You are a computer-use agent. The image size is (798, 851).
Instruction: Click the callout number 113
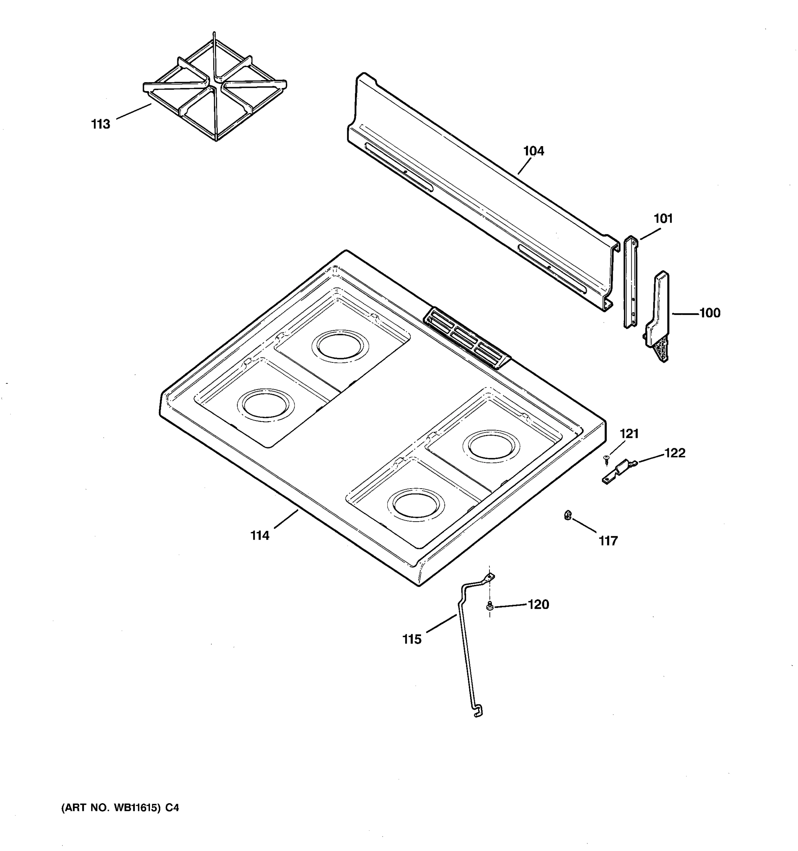pos(101,124)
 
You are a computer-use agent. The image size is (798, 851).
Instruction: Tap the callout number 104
pos(533,151)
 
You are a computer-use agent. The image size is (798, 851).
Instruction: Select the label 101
pos(663,219)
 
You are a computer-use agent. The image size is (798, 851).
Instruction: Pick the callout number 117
pos(608,541)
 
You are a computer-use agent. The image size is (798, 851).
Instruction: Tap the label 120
pos(538,605)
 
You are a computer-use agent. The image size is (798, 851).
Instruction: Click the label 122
pos(675,453)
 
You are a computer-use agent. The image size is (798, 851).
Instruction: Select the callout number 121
pos(629,434)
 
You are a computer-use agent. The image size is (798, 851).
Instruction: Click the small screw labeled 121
pos(606,459)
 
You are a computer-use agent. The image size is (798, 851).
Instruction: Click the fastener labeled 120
pos(489,606)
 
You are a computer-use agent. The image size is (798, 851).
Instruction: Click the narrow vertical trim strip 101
pos(630,283)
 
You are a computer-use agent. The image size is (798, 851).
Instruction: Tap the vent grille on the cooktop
pos(467,338)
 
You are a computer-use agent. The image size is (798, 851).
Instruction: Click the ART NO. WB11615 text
pos(120,808)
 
